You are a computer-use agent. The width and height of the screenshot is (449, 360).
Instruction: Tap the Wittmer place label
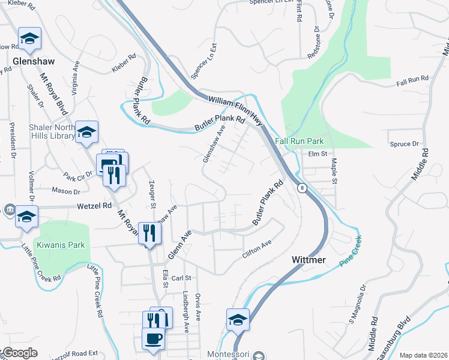309,260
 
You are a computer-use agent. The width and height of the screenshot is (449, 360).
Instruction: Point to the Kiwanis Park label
61,245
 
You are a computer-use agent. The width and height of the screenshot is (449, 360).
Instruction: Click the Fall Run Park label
300,141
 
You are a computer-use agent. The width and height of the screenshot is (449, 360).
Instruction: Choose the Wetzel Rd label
94,205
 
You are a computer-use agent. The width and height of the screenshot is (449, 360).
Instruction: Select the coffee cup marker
153,338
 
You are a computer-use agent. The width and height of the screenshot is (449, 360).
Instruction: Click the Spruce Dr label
403,144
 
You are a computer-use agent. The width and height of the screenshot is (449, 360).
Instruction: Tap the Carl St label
181,278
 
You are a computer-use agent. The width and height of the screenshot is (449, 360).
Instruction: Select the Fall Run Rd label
412,79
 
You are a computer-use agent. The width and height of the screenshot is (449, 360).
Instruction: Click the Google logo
20,353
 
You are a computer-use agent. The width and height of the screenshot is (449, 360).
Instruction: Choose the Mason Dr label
66,192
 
